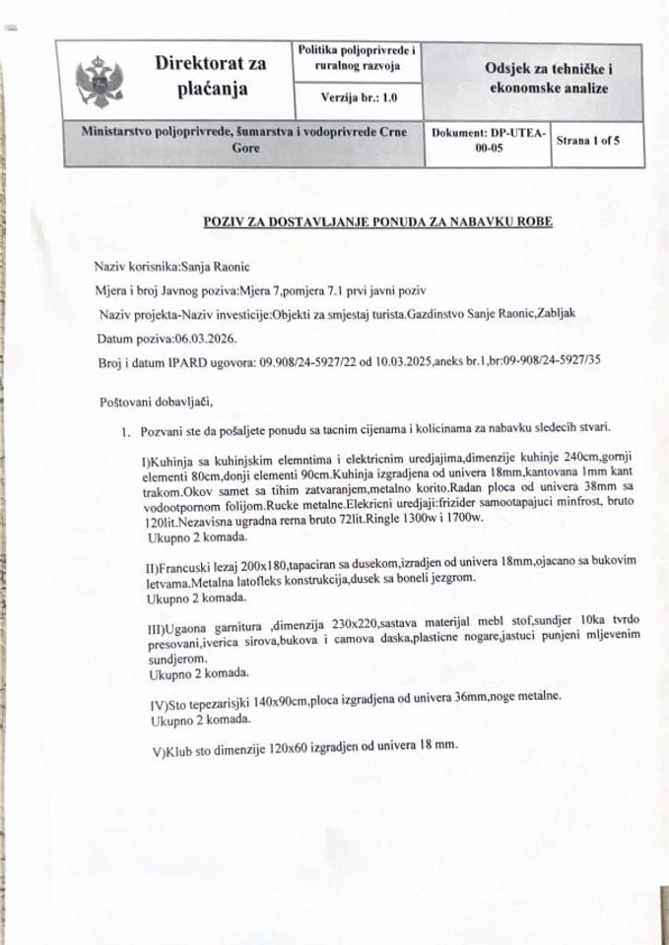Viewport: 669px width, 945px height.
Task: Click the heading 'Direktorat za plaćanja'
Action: [x=210, y=76]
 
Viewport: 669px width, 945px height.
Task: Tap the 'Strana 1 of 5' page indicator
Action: [x=588, y=141]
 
